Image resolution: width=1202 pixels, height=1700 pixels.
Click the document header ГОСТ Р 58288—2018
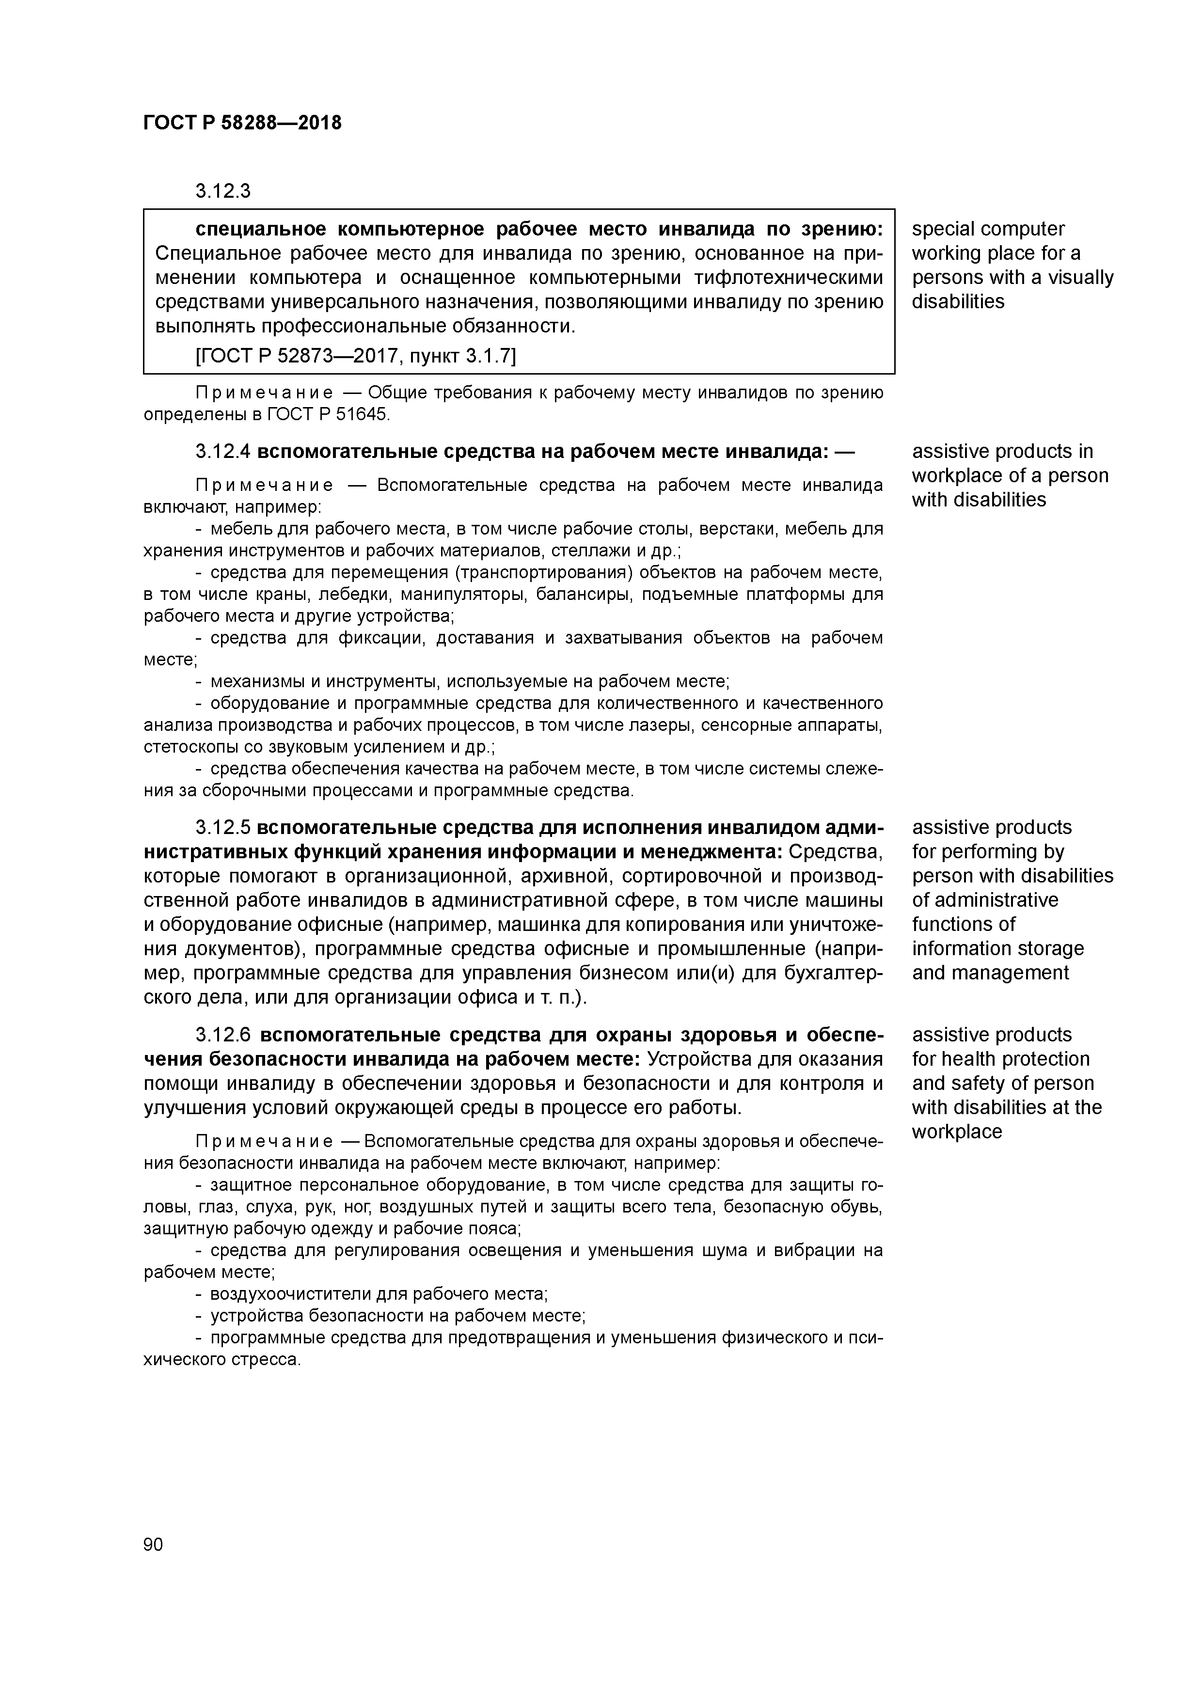pyautogui.click(x=242, y=123)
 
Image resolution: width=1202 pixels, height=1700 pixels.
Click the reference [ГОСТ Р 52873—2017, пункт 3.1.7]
pyautogui.click(x=355, y=356)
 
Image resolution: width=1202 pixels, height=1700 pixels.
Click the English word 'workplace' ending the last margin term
pyautogui.click(x=956, y=1132)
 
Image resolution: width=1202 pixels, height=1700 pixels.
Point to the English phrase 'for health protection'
pyautogui.click(x=1000, y=1059)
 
